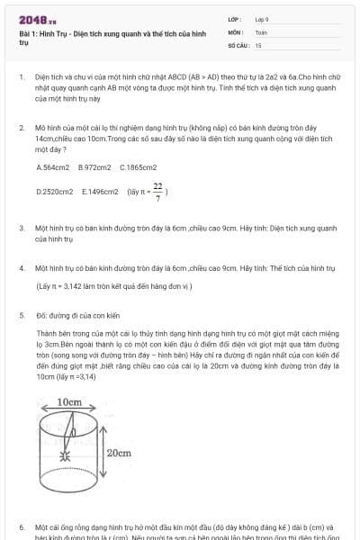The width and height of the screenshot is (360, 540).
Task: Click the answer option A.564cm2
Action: coord(53,167)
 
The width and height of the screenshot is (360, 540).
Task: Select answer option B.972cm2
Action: coord(94,167)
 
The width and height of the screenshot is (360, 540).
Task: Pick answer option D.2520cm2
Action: coord(55,192)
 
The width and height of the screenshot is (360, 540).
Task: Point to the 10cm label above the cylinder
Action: coord(69,402)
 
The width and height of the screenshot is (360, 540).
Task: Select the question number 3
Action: coord(22,229)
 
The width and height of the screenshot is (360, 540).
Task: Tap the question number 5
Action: coord(22,316)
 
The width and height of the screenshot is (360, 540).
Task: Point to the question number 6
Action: coord(22,526)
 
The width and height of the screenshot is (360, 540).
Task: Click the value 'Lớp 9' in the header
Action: coord(262,19)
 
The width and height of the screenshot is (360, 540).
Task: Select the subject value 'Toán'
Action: coord(261,31)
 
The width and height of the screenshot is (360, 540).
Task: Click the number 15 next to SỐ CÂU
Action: coord(258,44)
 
